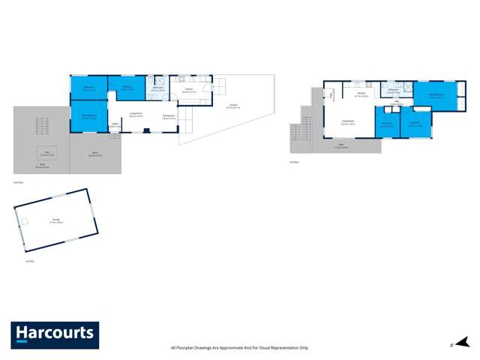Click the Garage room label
pos(55,222)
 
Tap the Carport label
pos(232,107)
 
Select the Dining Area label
pos(169,116)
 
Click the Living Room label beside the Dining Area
pos(136,116)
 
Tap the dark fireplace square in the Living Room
pos(146,130)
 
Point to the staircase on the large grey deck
pos(43,124)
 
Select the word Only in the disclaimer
pos(303,347)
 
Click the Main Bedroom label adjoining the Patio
pos(88,116)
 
